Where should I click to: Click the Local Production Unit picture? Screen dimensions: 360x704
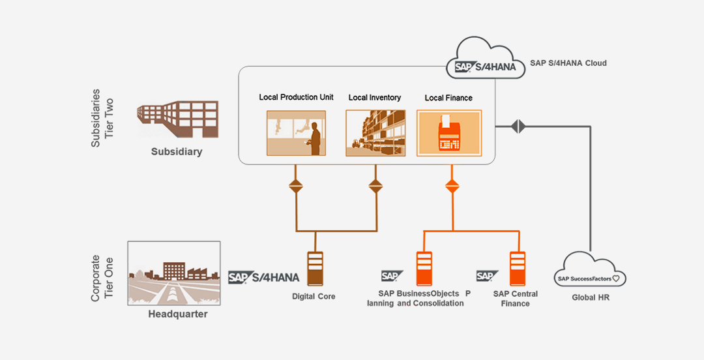pyautogui.click(x=296, y=133)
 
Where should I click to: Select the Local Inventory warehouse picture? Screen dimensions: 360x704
pyautogui.click(x=374, y=133)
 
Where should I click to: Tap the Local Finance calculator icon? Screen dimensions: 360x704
pyautogui.click(x=448, y=133)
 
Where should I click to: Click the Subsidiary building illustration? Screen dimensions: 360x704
pyautogui.click(x=177, y=119)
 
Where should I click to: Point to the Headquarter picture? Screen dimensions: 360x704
pyautogui.click(x=174, y=274)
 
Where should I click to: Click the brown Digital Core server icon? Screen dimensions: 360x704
pyautogui.click(x=315, y=269)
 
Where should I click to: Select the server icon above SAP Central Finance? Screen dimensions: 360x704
pyautogui.click(x=518, y=269)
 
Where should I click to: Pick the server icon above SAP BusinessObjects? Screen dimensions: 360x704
pyautogui.click(x=424, y=269)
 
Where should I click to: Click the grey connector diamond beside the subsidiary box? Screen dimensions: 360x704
pyautogui.click(x=518, y=126)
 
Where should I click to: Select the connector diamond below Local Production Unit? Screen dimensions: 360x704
pyautogui.click(x=296, y=187)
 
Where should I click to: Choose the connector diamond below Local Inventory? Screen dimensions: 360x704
pyautogui.click(x=375, y=187)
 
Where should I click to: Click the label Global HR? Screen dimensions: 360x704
pyautogui.click(x=590, y=298)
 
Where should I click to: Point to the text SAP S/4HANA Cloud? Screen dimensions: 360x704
pyautogui.click(x=568, y=63)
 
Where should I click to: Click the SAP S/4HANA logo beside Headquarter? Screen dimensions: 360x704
pyautogui.click(x=263, y=277)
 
